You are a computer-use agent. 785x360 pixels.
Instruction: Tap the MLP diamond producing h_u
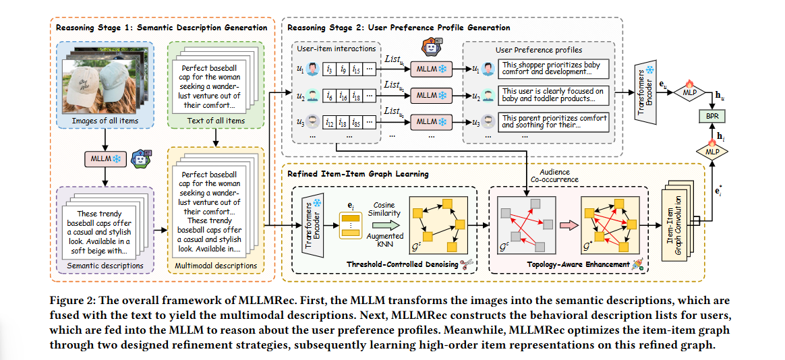click(689, 92)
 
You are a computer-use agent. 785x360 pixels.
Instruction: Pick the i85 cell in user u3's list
click(356, 121)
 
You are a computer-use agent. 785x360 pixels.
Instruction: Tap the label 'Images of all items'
click(105, 120)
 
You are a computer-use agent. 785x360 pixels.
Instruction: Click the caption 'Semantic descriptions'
click(105, 265)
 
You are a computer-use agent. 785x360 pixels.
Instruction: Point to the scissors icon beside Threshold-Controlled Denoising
click(467, 264)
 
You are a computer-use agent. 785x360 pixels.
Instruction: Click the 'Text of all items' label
click(215, 120)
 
